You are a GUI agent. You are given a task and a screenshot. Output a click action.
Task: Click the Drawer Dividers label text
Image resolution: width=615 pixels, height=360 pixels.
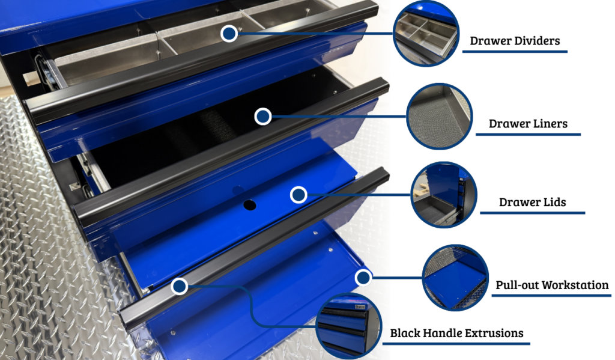[x=515, y=41]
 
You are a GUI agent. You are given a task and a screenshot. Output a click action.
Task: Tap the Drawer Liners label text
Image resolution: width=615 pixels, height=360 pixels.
[x=528, y=124]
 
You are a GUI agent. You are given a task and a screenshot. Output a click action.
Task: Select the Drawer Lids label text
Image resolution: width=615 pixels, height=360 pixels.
[x=532, y=202]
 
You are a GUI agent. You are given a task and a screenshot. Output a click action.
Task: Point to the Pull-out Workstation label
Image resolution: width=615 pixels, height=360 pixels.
[x=552, y=285]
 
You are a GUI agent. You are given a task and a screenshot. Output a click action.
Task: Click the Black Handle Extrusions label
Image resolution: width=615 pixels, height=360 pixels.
[x=456, y=334]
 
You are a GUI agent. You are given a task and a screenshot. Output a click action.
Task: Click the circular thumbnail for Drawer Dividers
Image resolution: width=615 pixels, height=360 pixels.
[x=426, y=34]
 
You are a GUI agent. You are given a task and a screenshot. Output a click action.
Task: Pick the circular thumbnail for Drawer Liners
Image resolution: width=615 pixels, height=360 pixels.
[x=439, y=116]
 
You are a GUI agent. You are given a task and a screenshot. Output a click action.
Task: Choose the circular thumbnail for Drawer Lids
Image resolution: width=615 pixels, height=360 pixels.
[x=444, y=195]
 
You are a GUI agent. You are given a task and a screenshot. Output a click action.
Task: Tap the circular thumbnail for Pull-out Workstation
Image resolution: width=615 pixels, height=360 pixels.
[x=455, y=278]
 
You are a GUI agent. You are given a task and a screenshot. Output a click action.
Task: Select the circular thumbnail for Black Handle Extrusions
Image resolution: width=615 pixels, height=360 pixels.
[x=349, y=326]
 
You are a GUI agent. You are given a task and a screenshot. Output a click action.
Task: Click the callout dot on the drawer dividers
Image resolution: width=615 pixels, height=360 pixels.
[x=229, y=34]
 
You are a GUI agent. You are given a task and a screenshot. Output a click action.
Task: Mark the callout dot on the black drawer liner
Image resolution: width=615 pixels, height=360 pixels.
[x=263, y=117]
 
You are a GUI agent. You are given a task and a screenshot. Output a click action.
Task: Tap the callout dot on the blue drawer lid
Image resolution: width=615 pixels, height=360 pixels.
[x=298, y=195]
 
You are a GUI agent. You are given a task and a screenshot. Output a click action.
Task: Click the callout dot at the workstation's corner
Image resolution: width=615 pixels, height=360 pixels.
[x=363, y=278]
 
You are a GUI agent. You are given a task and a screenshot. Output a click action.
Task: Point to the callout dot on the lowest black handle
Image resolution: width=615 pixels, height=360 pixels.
[x=179, y=286]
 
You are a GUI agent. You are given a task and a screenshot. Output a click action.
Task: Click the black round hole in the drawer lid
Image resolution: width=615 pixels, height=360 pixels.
[x=249, y=205]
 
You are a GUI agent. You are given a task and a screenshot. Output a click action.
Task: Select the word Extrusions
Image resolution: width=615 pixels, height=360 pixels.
[x=494, y=334]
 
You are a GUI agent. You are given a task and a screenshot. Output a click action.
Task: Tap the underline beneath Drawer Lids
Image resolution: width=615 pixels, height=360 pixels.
[x=532, y=213]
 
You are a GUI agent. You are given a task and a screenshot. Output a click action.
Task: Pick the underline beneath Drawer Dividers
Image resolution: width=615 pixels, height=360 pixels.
[x=515, y=52]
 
